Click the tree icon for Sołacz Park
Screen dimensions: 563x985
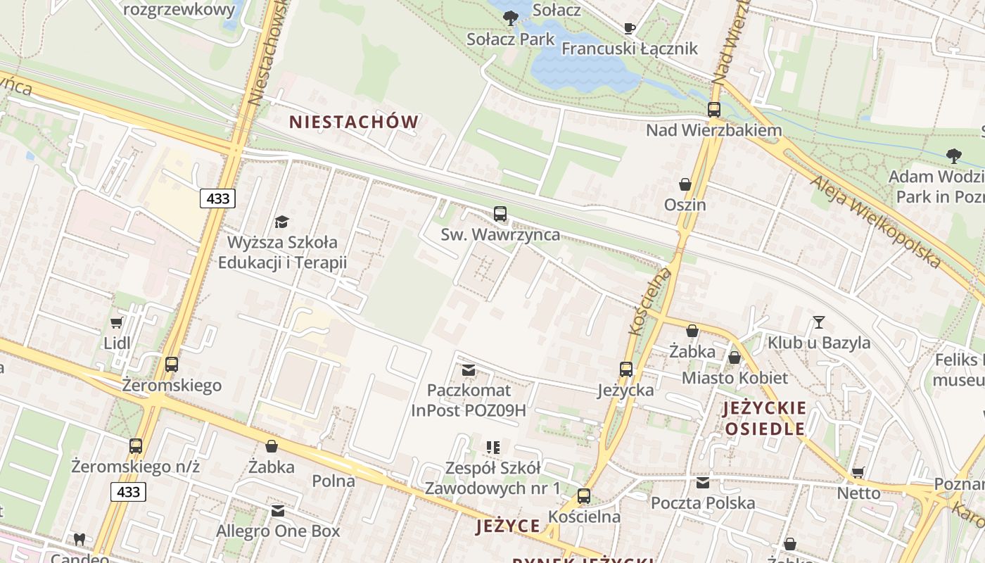click(511, 18)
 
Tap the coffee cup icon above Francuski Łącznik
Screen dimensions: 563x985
click(630, 28)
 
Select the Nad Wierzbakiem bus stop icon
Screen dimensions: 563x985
click(714, 110)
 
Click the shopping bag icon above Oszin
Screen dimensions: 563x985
click(685, 184)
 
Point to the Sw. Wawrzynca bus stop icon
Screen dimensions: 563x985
click(500, 213)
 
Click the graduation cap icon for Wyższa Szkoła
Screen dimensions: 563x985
click(281, 222)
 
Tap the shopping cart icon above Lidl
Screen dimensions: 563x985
click(117, 323)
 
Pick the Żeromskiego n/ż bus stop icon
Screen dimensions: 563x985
click(136, 446)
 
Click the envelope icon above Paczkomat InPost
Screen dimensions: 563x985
click(469, 369)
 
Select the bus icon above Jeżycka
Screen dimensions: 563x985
click(626, 369)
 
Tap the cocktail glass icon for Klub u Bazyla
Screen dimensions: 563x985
click(819, 322)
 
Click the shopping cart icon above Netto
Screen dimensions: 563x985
click(858, 472)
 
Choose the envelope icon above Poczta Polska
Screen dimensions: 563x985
click(703, 483)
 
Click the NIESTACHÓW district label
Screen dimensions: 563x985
click(354, 122)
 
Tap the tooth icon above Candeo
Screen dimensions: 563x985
click(79, 540)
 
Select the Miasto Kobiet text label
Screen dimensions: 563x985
click(735, 378)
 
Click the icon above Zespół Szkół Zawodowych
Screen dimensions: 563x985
click(493, 448)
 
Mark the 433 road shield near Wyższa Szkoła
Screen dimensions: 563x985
click(217, 198)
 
